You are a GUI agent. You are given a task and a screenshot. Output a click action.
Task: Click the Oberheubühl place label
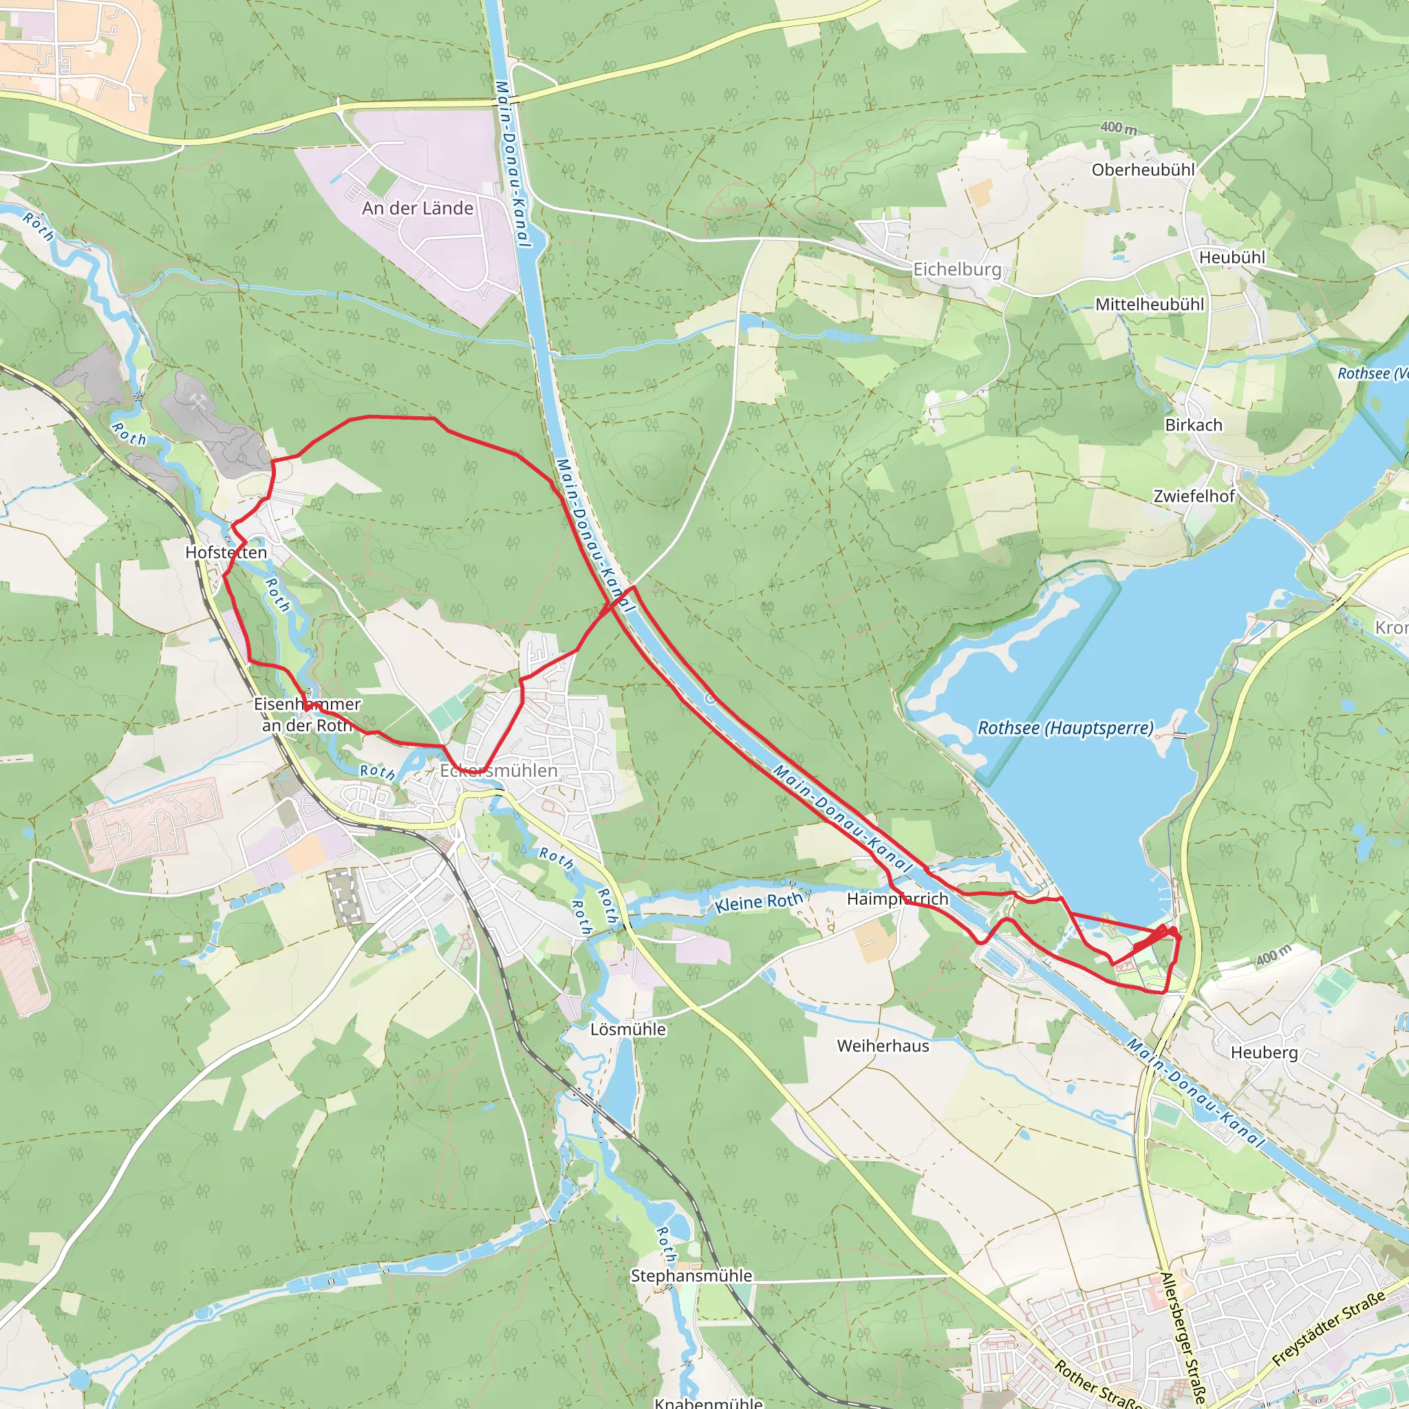coord(1143,170)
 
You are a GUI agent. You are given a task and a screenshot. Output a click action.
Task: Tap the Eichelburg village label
coord(957,269)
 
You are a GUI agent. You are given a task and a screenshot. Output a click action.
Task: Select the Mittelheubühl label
coord(1150,304)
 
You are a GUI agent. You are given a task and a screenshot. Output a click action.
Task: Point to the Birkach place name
coord(1193,424)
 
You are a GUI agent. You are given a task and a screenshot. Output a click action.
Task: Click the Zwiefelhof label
coord(1194,496)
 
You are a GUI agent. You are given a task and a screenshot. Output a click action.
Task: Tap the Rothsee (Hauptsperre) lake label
coord(1066,727)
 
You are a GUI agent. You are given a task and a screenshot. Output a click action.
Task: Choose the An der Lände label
coord(417,208)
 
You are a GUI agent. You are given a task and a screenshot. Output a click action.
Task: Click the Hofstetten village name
coord(226,552)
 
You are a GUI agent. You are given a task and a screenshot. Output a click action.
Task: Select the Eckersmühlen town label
coord(498,770)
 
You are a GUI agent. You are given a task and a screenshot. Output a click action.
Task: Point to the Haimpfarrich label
coord(897,899)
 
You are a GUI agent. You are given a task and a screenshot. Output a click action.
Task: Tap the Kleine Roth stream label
coord(757,902)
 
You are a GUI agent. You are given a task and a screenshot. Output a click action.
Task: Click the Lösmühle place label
coord(628,1029)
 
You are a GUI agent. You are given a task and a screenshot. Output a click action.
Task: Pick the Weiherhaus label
coord(883,1046)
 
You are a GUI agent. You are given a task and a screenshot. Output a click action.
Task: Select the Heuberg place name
coord(1264,1053)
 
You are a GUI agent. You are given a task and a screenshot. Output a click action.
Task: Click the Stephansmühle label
coord(691,1276)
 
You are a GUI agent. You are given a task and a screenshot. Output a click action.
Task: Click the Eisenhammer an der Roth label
coord(307,715)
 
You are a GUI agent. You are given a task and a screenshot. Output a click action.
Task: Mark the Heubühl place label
coord(1231,257)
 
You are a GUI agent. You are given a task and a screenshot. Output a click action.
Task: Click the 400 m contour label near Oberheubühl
coord(1118,128)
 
